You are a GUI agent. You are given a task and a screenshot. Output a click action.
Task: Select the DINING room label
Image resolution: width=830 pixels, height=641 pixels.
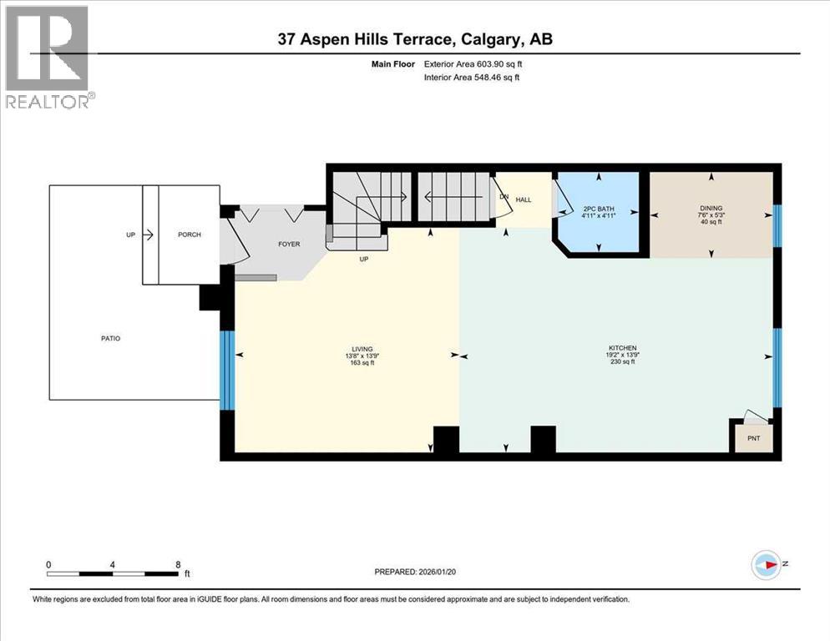click(711, 209)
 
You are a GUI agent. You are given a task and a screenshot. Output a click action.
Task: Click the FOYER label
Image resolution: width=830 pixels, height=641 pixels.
click(289, 245)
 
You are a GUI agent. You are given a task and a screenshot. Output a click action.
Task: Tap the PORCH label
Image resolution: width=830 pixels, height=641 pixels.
click(189, 235)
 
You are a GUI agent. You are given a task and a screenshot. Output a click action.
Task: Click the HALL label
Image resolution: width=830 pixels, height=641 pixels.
click(524, 200)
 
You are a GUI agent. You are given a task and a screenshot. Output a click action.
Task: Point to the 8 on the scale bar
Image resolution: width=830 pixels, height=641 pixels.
click(178, 564)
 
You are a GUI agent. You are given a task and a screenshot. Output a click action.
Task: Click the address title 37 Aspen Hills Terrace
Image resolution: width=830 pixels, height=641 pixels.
click(415, 39)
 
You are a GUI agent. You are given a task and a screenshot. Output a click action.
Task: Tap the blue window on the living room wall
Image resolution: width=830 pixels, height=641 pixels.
click(225, 370)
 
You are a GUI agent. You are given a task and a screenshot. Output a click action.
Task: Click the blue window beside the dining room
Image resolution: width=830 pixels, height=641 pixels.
click(777, 226)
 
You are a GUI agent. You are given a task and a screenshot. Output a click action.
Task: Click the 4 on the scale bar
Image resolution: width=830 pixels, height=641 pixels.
click(112, 564)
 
